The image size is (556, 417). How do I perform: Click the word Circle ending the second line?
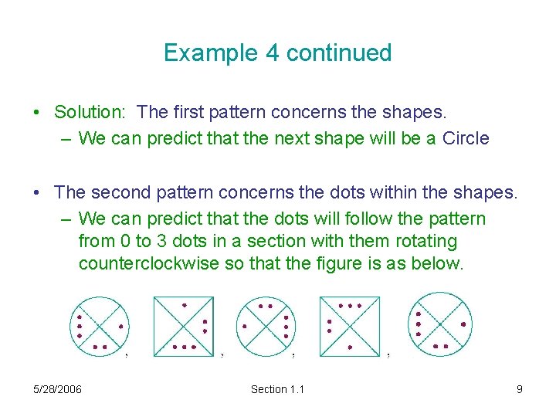[466, 139]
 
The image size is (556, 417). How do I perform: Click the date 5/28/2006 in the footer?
[58, 389]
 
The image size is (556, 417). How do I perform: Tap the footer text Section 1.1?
[277, 389]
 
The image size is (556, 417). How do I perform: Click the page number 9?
[520, 389]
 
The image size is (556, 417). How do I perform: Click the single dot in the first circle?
[120, 327]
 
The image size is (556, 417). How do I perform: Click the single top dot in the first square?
[184, 306]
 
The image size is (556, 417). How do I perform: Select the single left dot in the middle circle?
[245, 327]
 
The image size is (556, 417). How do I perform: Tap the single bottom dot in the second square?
[349, 347]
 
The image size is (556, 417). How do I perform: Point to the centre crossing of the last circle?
[440, 324]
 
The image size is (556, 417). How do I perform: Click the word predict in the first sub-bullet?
[174, 139]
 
